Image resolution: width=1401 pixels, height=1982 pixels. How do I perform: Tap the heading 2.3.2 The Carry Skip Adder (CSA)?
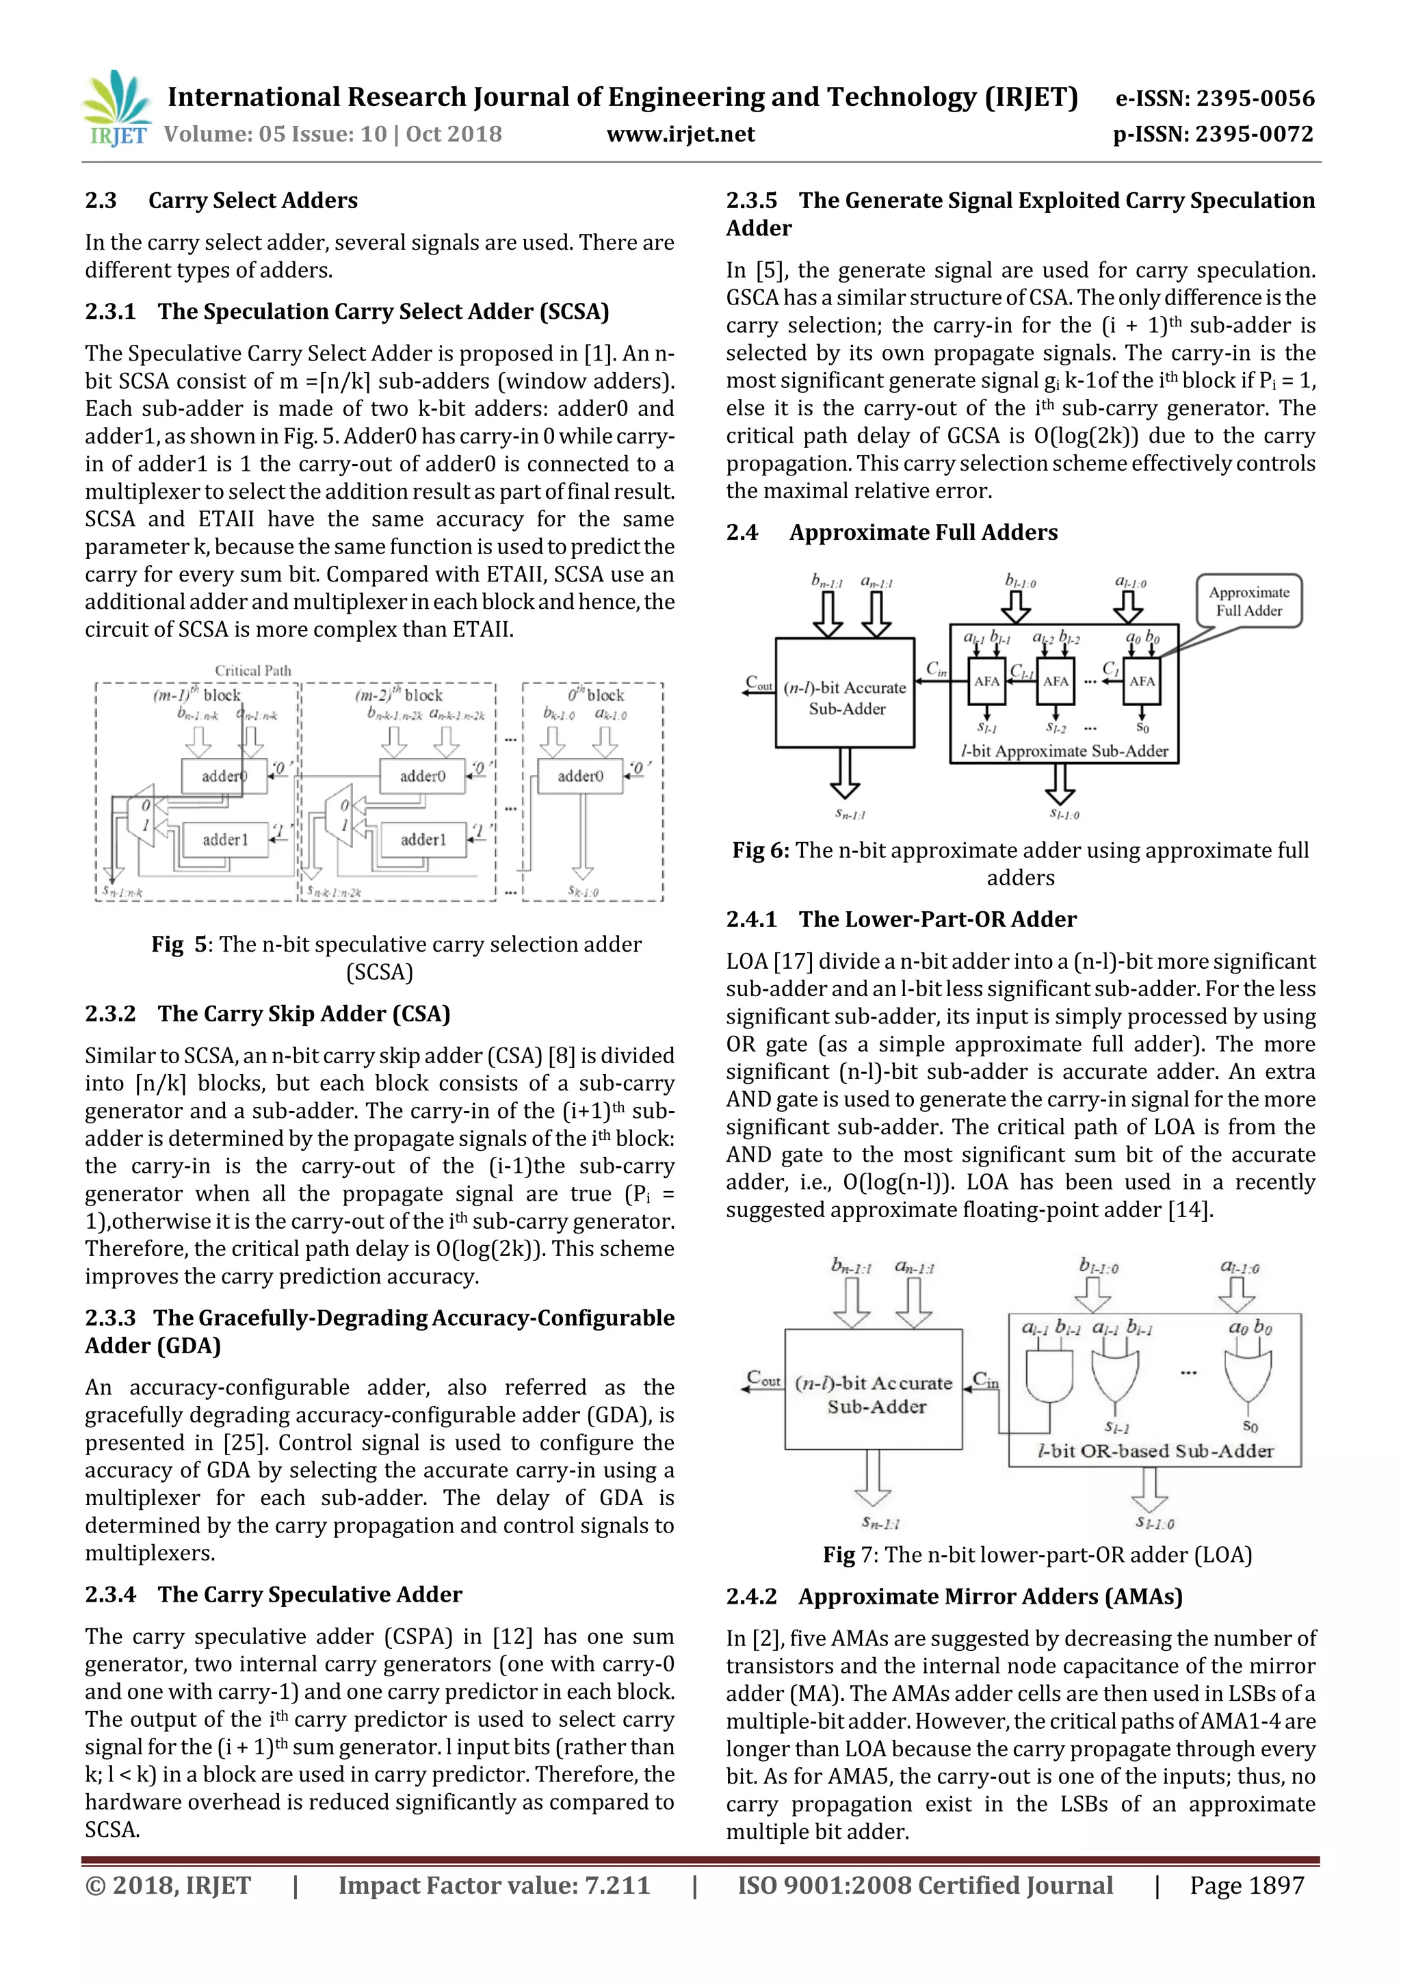267,1013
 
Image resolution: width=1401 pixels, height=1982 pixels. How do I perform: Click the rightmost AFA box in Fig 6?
1141,681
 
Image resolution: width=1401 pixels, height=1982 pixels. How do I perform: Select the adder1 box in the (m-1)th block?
224,839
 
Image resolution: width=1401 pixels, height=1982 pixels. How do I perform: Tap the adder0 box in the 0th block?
579,776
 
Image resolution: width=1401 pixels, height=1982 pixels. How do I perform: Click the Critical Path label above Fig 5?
253,670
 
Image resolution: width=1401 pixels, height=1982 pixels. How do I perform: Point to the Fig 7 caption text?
1036,1554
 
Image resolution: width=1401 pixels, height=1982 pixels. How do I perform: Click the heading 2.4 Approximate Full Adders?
892,533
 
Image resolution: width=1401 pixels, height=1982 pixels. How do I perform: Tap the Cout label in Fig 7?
763,1379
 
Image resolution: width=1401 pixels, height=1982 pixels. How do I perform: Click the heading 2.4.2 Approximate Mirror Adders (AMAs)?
954,1597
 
